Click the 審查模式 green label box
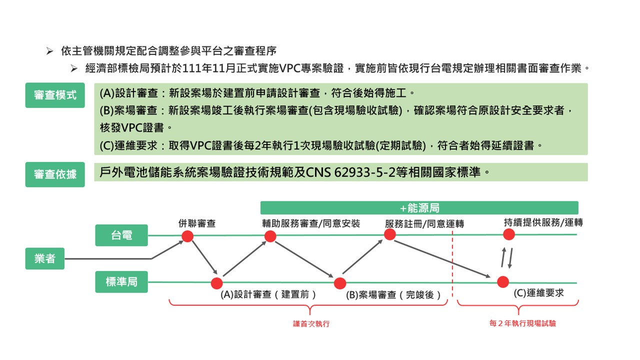click(55, 95)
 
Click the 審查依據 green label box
click(55, 174)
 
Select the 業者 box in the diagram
click(45, 258)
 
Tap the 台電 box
click(121, 235)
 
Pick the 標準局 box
click(121, 282)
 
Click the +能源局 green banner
click(419, 208)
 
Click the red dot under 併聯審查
click(187, 236)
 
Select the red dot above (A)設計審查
click(216, 283)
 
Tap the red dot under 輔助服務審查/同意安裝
click(270, 236)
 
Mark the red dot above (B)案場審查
click(340, 283)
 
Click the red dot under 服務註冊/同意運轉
click(390, 234)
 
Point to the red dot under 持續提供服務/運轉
click(508, 234)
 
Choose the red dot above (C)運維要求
click(503, 281)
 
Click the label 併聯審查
click(197, 223)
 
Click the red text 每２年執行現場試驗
click(522, 323)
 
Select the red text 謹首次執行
click(311, 324)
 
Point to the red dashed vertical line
click(452, 265)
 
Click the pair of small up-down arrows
click(507, 257)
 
